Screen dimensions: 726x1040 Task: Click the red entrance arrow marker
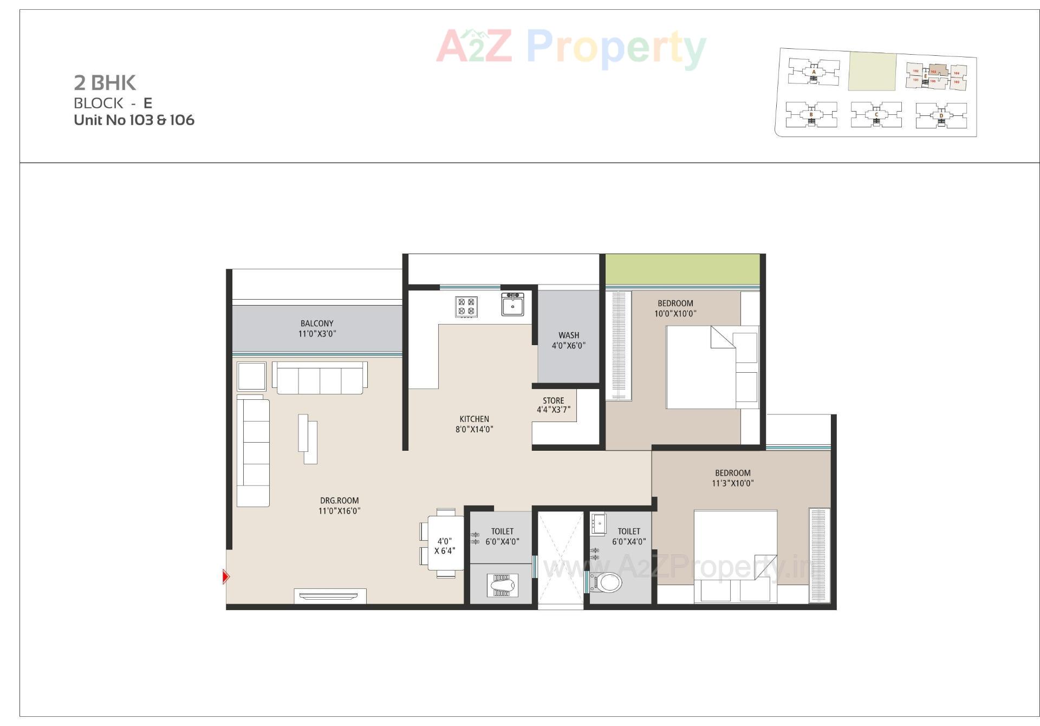click(x=226, y=576)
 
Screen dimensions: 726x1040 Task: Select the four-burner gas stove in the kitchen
click(x=466, y=306)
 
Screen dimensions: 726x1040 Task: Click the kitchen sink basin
click(x=512, y=305)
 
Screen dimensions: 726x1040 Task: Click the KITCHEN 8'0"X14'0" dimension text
click(x=474, y=429)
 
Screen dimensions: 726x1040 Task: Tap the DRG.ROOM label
click(x=339, y=501)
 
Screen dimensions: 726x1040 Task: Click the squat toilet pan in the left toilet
click(x=502, y=586)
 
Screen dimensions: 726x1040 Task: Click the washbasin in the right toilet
click(x=598, y=524)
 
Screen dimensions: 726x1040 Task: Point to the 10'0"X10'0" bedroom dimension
click(x=675, y=314)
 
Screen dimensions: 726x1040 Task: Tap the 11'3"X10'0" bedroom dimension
click(x=732, y=483)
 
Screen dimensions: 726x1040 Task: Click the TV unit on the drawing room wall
click(x=330, y=596)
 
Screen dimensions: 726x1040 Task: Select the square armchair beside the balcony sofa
click(x=251, y=376)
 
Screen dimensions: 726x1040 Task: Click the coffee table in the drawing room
click(x=307, y=439)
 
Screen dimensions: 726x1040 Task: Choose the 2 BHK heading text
click(x=105, y=83)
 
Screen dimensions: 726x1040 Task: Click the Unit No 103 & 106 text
click(x=134, y=120)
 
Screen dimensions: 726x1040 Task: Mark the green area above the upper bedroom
click(x=682, y=269)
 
